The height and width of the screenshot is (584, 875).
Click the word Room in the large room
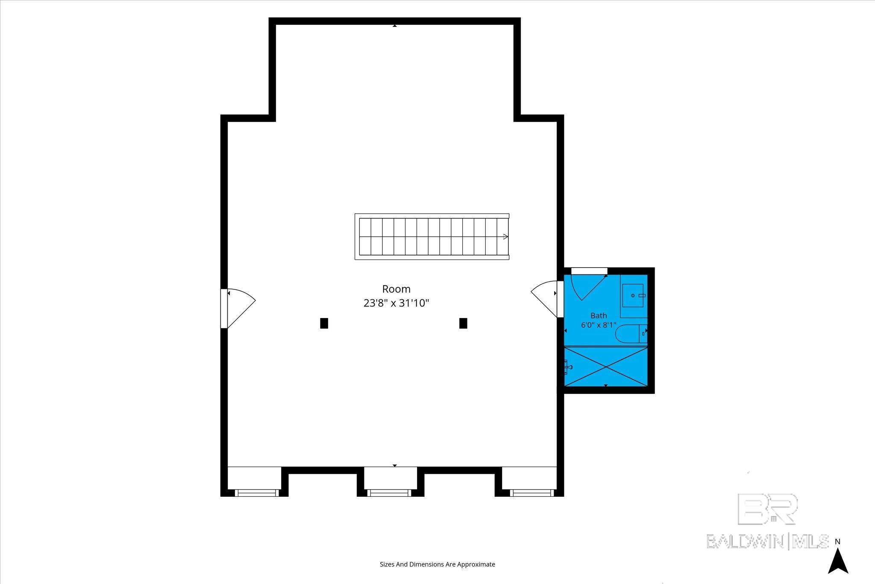(x=396, y=289)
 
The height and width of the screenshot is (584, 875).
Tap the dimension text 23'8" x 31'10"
(x=396, y=303)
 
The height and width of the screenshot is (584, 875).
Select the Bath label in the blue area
(x=599, y=316)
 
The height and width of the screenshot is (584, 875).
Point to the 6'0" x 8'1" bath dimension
(x=599, y=325)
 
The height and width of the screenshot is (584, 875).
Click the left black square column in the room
(x=324, y=323)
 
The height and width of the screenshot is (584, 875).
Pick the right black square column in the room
(x=463, y=323)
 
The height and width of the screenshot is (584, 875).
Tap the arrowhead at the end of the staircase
(x=506, y=236)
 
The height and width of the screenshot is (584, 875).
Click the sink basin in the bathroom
(x=633, y=295)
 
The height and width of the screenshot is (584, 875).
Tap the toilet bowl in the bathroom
(x=627, y=333)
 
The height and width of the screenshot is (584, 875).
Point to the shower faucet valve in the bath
(x=568, y=366)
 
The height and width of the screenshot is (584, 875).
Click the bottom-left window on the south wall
(x=257, y=493)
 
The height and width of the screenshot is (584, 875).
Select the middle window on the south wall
(x=389, y=493)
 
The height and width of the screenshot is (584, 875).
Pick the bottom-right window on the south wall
(x=532, y=493)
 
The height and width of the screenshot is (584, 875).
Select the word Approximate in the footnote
(x=476, y=564)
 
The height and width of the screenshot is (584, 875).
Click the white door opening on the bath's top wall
(x=589, y=271)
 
